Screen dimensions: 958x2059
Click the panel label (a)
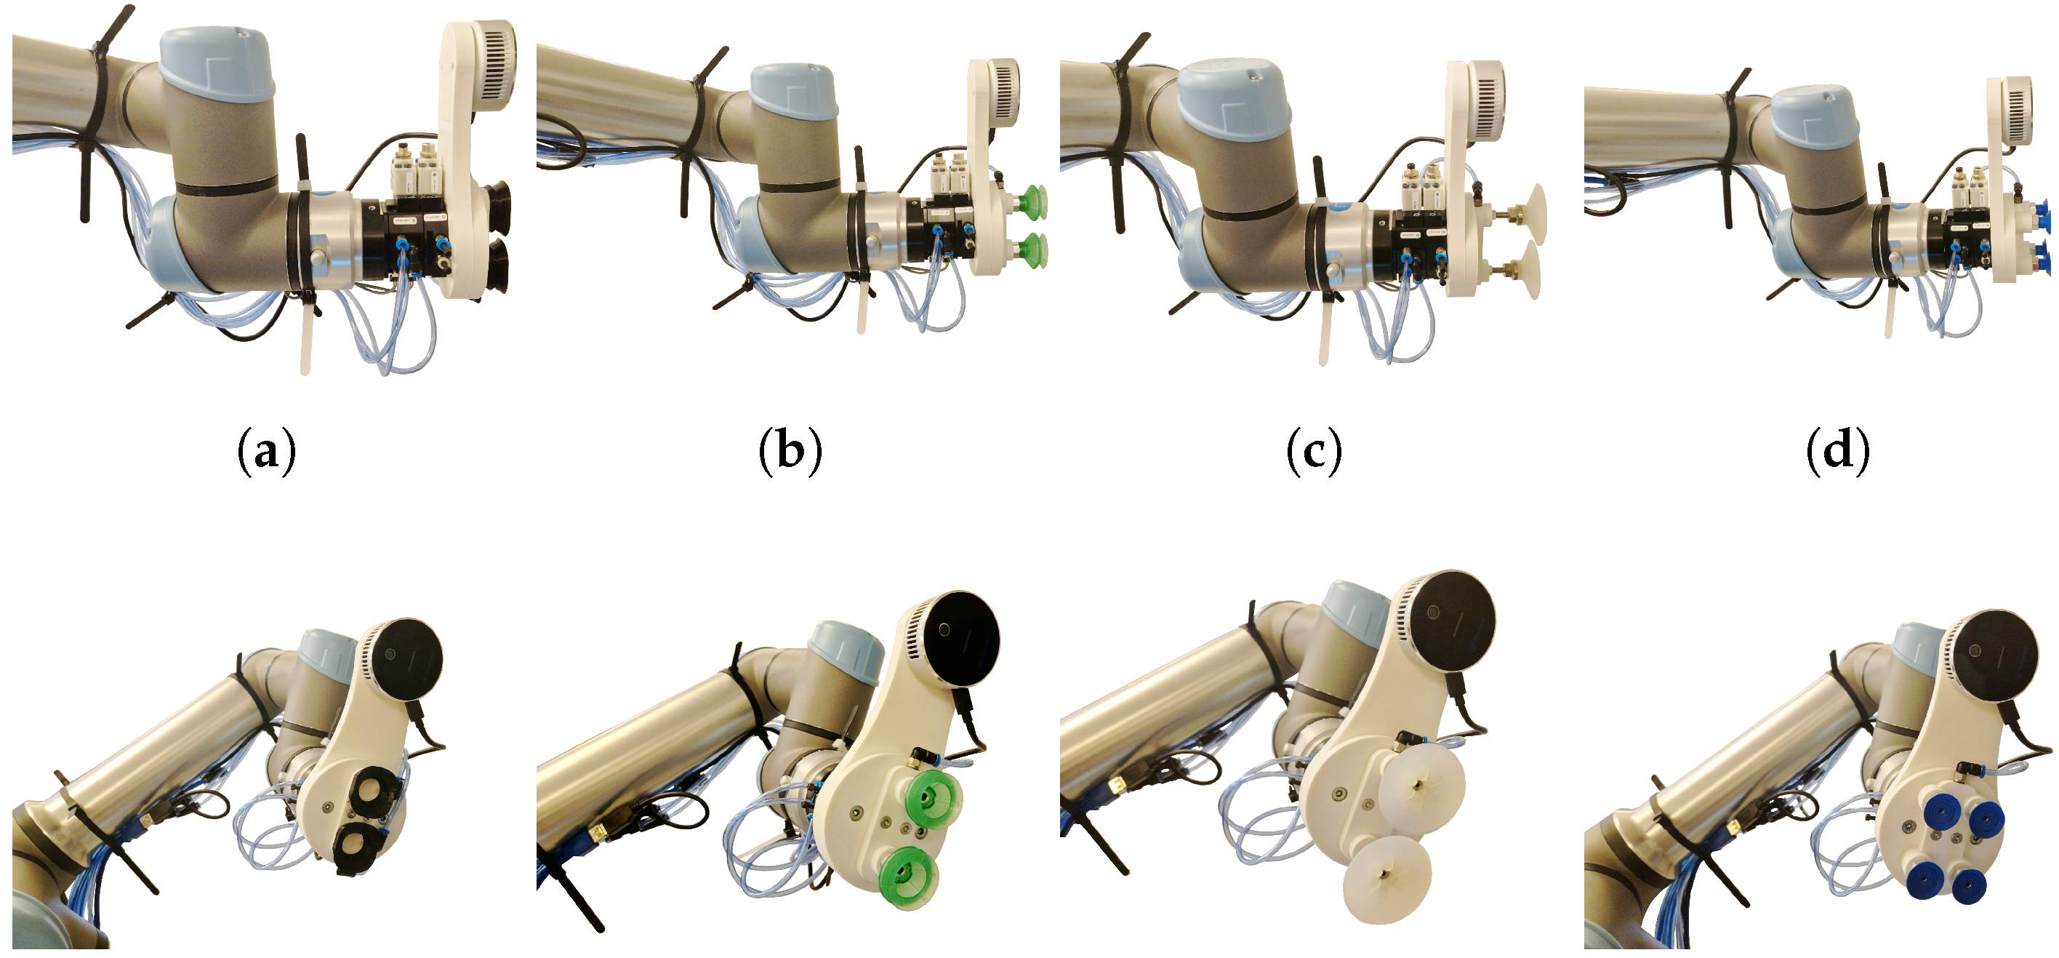tap(266, 452)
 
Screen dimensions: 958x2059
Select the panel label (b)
tap(790, 452)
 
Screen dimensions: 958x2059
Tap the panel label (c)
tap(1314, 452)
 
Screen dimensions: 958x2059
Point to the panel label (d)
tap(1837, 452)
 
